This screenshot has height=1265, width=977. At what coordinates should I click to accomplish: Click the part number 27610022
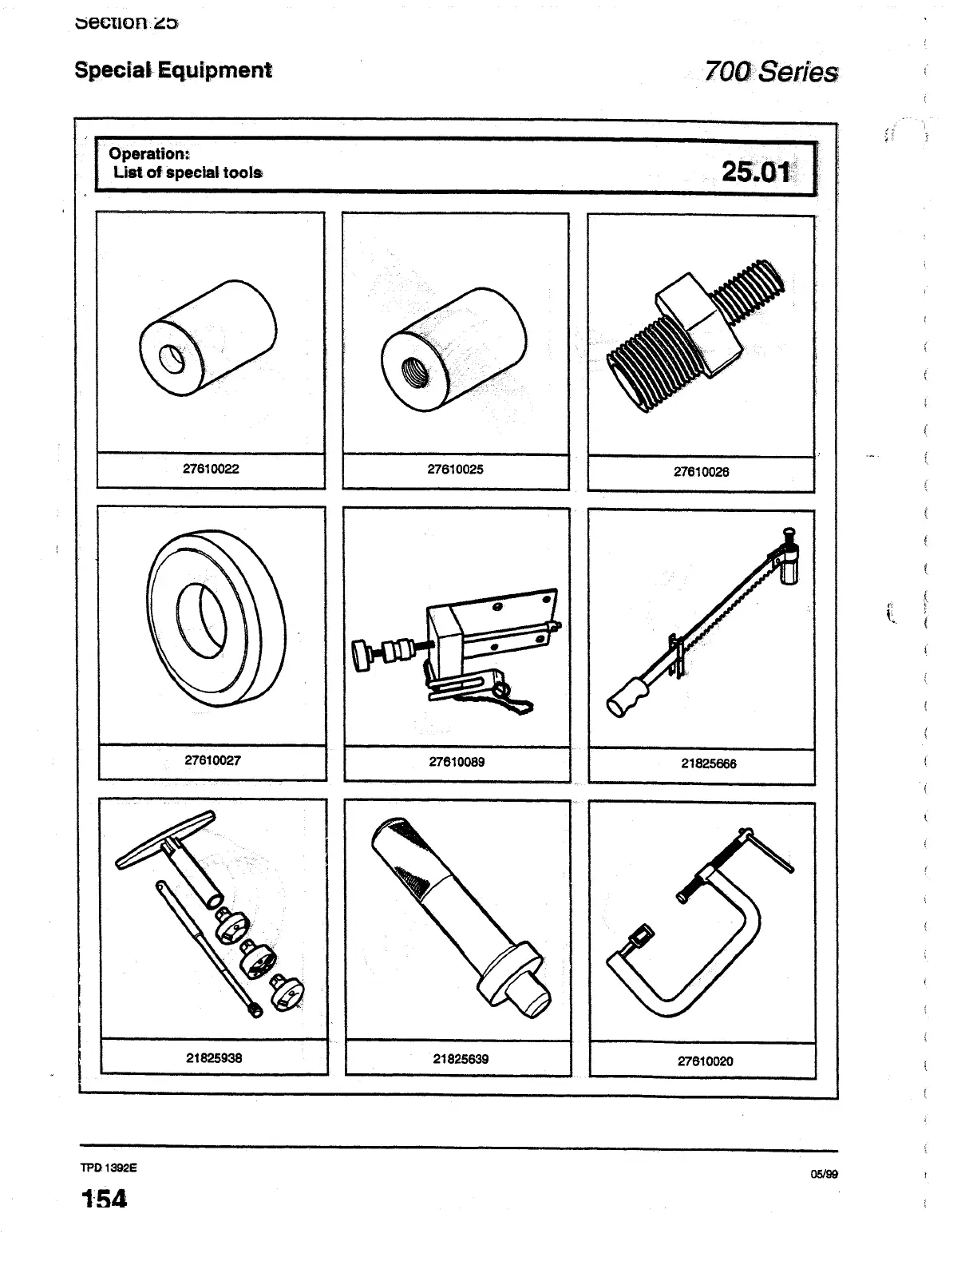[211, 469]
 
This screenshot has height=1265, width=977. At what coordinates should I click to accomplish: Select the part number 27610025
[455, 469]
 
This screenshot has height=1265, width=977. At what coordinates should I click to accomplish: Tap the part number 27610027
[212, 760]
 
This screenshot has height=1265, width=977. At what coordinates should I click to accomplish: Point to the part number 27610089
[457, 762]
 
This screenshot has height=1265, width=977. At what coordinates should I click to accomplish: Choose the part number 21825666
[708, 763]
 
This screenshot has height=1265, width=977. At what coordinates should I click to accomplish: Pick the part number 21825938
[214, 1057]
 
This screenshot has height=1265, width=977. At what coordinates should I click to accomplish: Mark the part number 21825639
[461, 1059]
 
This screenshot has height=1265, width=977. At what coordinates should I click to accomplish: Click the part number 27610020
[705, 1061]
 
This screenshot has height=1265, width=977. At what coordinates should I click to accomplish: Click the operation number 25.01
[755, 172]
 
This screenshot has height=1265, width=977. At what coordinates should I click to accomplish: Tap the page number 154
[104, 1199]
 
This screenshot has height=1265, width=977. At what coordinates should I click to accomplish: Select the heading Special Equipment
[173, 70]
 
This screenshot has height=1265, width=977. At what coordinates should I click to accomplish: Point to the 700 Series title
[770, 73]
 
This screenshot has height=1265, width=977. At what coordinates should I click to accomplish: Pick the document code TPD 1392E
[109, 1167]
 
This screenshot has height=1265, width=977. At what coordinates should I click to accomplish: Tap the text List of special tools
[188, 172]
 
